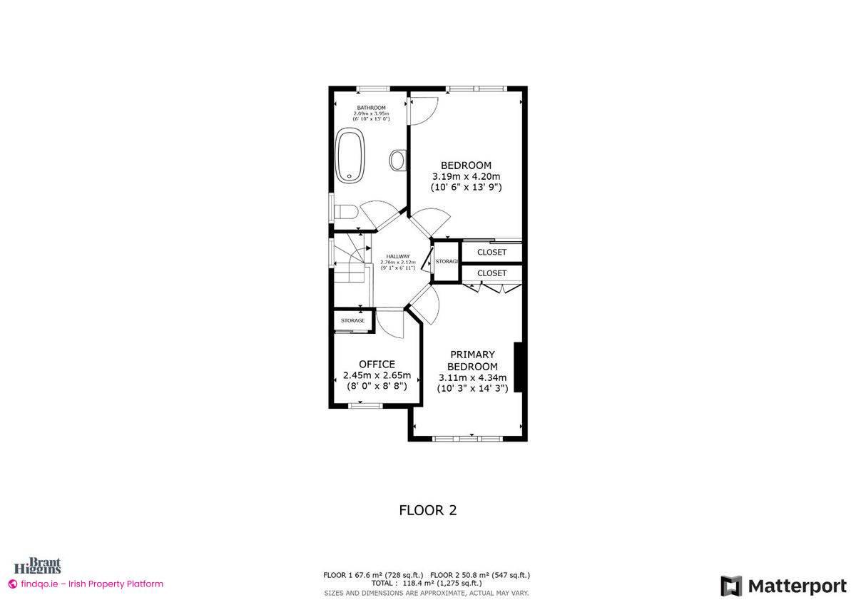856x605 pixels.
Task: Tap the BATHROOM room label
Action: [x=372, y=108]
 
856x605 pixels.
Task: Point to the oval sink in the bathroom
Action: [x=398, y=160]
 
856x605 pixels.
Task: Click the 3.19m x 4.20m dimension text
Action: [x=466, y=176]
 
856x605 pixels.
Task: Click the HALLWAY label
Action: [x=398, y=257]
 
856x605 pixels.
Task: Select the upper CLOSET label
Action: [x=491, y=253]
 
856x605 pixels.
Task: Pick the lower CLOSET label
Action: [x=491, y=273]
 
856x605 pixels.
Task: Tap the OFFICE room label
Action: [x=377, y=365]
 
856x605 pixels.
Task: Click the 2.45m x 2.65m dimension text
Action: [x=377, y=375]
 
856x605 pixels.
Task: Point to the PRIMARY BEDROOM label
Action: [x=472, y=360]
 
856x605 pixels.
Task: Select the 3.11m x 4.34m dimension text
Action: [x=472, y=378]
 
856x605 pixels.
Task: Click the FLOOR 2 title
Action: [x=427, y=510]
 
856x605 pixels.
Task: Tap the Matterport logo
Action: [x=783, y=586]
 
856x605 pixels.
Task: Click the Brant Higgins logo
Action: [x=44, y=566]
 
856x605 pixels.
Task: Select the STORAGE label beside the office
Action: [x=352, y=321]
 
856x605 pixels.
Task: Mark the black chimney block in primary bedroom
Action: [x=519, y=367]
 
